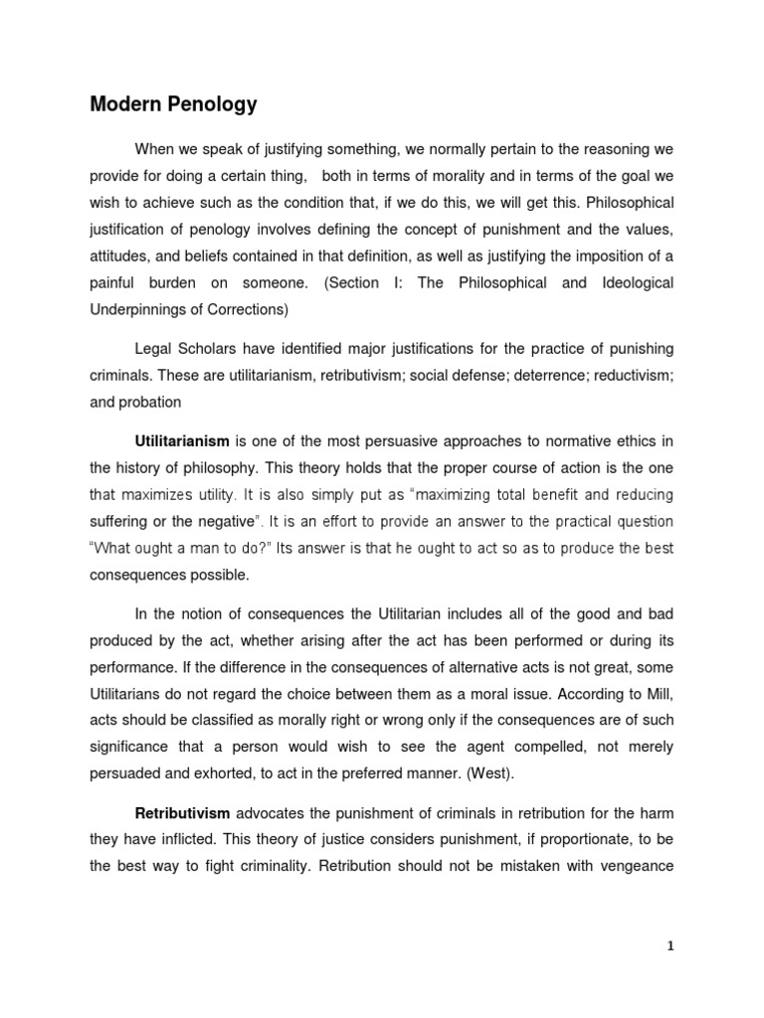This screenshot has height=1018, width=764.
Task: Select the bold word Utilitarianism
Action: pyautogui.click(x=182, y=440)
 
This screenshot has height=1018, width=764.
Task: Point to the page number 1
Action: pyautogui.click(x=670, y=946)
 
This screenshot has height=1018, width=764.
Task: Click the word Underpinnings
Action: pyautogui.click(x=137, y=310)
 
